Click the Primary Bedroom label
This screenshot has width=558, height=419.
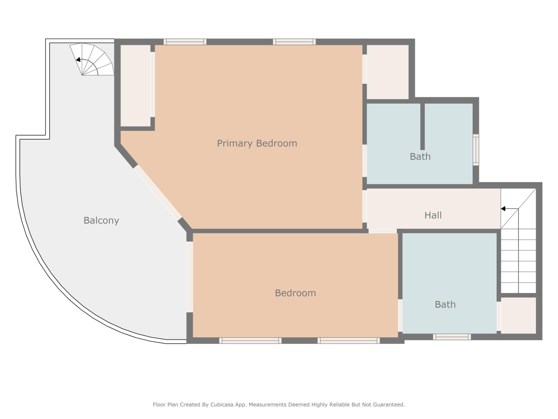point(257,143)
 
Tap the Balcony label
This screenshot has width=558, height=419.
point(101,220)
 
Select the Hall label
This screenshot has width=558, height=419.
point(433,215)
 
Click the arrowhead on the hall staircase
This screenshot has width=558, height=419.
point(503,209)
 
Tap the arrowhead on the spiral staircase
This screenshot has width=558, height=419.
point(78,60)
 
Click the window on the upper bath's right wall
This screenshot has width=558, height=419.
point(476,150)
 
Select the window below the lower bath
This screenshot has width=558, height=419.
point(452,337)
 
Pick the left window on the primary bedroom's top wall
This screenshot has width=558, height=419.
point(185,42)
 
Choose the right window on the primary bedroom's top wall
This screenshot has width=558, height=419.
point(294,42)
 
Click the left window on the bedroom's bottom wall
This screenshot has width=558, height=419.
point(250,340)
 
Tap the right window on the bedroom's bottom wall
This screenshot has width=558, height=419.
point(348,340)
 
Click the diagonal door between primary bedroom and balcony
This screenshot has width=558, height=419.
point(158,193)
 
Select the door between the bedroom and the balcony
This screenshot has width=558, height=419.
point(189,277)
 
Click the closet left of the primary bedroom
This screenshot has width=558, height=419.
point(135,86)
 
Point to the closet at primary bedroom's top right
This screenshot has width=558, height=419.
point(388,72)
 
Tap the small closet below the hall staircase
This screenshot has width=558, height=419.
point(518,315)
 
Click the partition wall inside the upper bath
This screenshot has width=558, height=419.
point(423,127)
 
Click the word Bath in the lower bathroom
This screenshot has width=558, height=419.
point(445,304)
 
